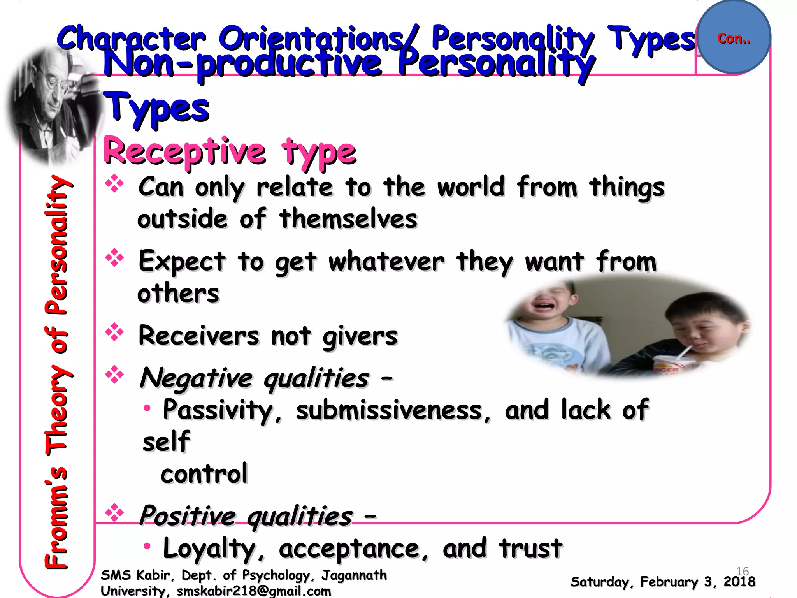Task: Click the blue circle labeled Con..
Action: pyautogui.click(x=734, y=37)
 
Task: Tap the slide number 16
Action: pyautogui.click(x=743, y=571)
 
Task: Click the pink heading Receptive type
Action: pyautogui.click(x=230, y=152)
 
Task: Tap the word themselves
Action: pyautogui.click(x=348, y=219)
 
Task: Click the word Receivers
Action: pyautogui.click(x=199, y=336)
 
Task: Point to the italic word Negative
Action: pyautogui.click(x=197, y=378)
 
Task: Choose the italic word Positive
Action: pyautogui.click(x=188, y=515)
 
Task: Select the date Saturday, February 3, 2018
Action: pyautogui.click(x=662, y=582)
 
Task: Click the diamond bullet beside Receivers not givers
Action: pyautogui.click(x=114, y=332)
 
